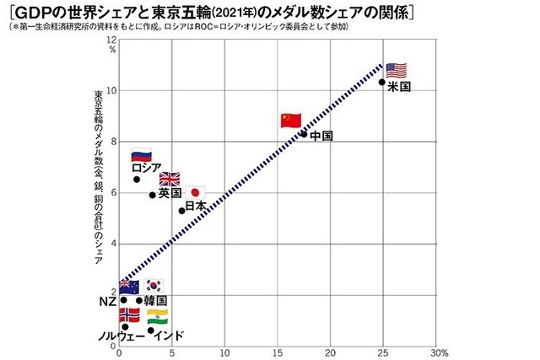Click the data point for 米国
(382, 82)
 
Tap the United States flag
(395, 70)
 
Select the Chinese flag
(290, 121)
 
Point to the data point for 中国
(304, 133)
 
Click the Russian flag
(141, 155)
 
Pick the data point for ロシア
(137, 179)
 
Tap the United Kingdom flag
(170, 179)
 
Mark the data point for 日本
(181, 210)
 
